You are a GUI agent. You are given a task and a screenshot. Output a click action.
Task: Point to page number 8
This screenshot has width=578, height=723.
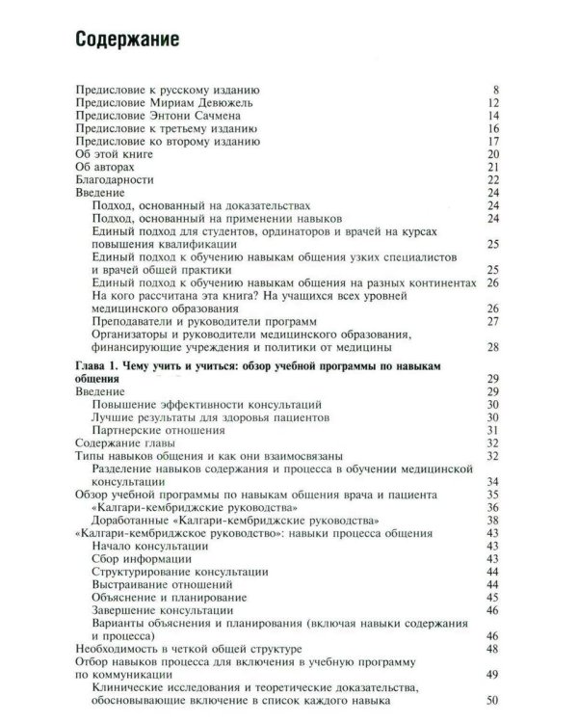tap(494, 91)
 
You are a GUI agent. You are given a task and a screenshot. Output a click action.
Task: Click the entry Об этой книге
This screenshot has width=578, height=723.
tap(114, 154)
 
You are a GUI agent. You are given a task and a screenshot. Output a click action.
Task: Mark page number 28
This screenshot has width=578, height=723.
tap(491, 347)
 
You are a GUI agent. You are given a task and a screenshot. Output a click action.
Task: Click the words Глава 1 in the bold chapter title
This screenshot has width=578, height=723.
tap(99, 367)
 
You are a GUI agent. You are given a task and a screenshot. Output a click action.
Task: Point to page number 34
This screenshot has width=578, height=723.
tap(491, 481)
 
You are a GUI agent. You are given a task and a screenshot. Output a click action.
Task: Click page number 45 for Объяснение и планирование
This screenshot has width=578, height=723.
tap(491, 598)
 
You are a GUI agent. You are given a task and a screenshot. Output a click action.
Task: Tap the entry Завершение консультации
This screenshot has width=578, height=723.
tap(165, 610)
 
